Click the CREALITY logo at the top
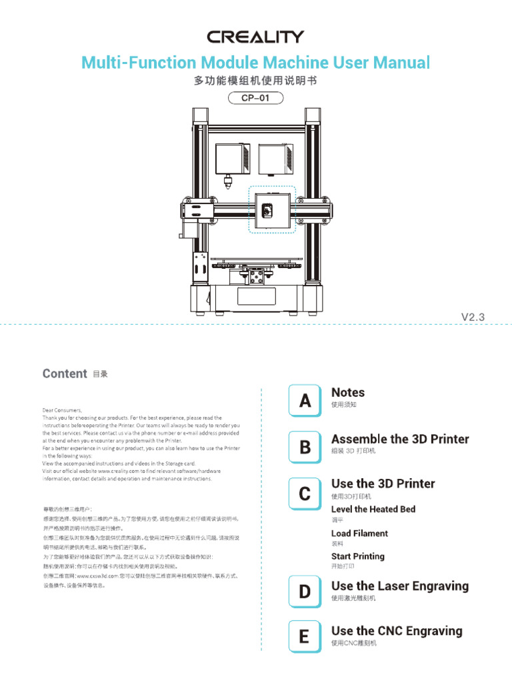point(255,37)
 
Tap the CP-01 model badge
point(256,98)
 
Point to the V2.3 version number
point(475,317)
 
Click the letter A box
point(305,401)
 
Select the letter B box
point(305,448)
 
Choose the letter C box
point(305,494)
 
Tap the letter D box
point(305,591)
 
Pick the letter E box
point(305,636)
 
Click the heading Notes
point(348,393)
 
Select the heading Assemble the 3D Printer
point(400,439)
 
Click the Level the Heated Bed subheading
point(373,509)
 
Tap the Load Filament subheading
point(359,533)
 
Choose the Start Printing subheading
point(358,556)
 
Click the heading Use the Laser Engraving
point(400,586)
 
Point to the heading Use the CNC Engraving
point(397,630)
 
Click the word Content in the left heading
point(65,374)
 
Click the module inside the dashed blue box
point(271,209)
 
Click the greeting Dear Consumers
point(62,410)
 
